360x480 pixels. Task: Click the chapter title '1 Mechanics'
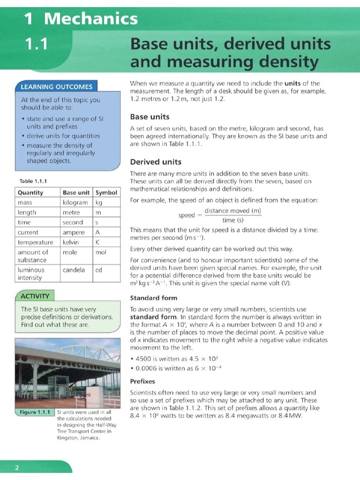click(x=81, y=19)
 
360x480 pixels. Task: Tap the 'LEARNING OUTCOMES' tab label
click(x=56, y=87)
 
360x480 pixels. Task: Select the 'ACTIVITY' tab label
click(x=35, y=296)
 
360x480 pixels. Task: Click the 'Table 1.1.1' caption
click(x=33, y=181)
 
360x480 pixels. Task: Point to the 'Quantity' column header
click(x=30, y=193)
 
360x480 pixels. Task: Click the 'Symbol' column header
click(x=106, y=193)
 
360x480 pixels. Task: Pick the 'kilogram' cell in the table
click(x=75, y=202)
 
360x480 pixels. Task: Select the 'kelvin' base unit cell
click(x=71, y=242)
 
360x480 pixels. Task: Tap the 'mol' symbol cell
click(x=101, y=252)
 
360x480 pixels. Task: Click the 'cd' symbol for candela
click(x=99, y=270)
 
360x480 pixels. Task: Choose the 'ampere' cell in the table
click(x=74, y=232)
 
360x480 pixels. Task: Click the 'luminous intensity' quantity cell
click(x=31, y=274)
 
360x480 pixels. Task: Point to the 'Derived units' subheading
click(x=156, y=162)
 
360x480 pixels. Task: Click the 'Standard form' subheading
click(x=153, y=298)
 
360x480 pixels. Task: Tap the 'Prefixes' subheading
click(x=142, y=381)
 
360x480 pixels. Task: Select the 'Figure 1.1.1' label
click(x=35, y=412)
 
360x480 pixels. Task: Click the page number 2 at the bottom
click(x=17, y=467)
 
